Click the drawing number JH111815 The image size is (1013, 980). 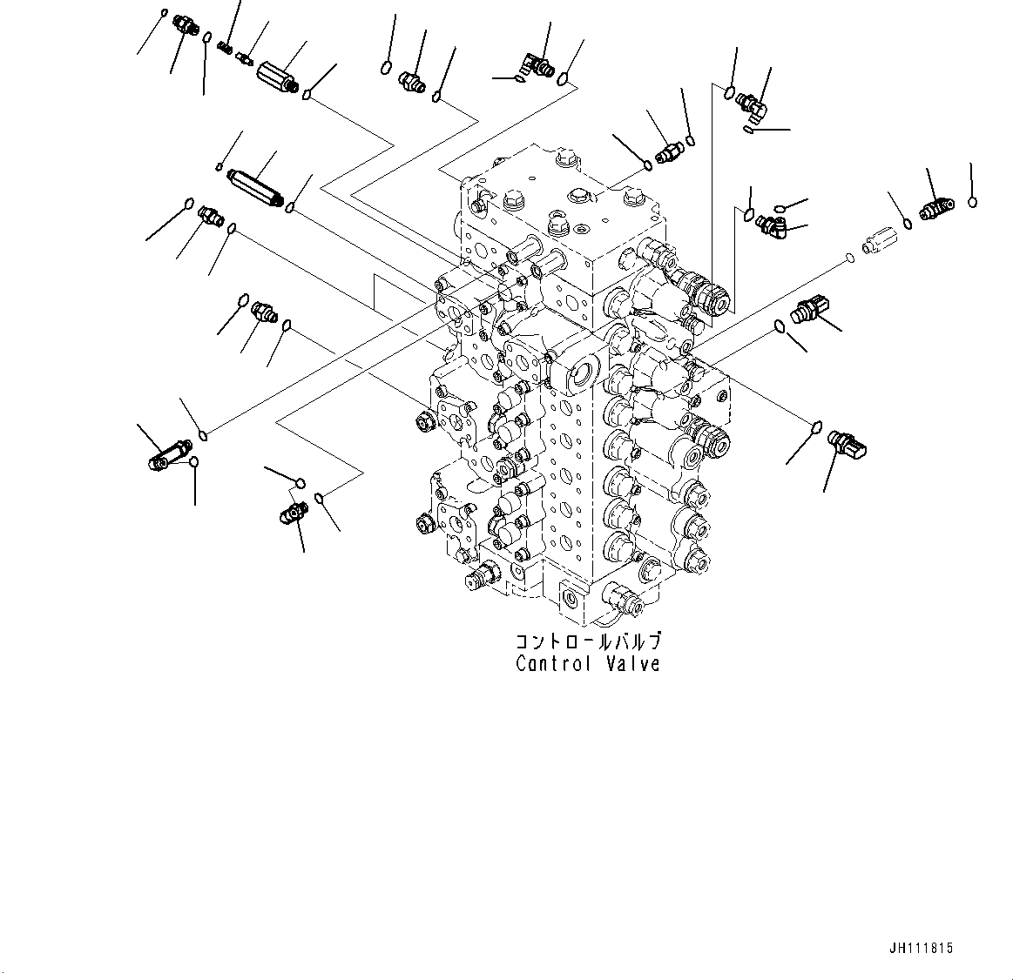[921, 949]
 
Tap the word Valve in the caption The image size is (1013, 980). [633, 663]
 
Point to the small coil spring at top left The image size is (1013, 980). [225, 47]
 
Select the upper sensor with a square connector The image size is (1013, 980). [809, 309]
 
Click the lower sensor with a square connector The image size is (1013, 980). [847, 444]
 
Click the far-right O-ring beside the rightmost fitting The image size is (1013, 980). [972, 202]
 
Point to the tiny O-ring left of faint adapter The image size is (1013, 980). [850, 258]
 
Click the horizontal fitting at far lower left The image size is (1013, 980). [170, 455]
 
